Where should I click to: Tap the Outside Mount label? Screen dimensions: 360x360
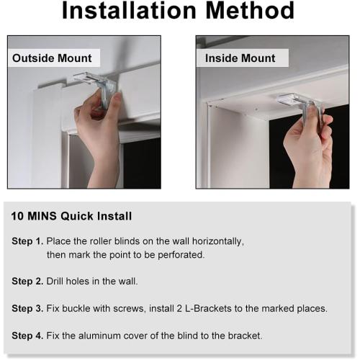[x=52, y=58]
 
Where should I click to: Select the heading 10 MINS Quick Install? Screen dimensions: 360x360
[x=71, y=216]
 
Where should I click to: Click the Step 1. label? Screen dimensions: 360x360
[x=27, y=241]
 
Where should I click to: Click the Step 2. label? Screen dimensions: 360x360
[x=27, y=282]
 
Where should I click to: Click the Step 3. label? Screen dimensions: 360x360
[x=27, y=309]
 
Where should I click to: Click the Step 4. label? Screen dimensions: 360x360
[x=27, y=336]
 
